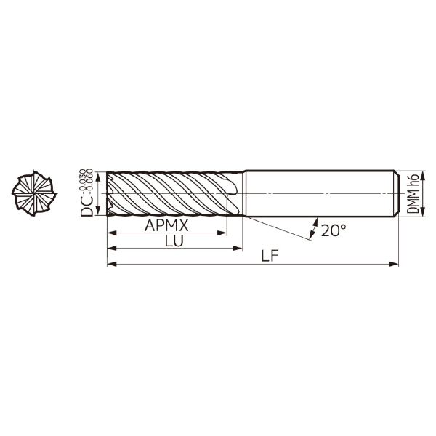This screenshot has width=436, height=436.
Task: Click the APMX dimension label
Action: pyautogui.click(x=166, y=225)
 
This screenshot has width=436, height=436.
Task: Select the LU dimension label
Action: pyautogui.click(x=174, y=241)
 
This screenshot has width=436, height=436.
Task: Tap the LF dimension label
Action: pyautogui.click(x=270, y=256)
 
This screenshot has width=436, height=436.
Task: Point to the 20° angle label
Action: pyautogui.click(x=334, y=230)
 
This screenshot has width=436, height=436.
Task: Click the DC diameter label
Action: pyautogui.click(x=86, y=206)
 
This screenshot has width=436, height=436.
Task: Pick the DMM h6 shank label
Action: pyautogui.click(x=413, y=194)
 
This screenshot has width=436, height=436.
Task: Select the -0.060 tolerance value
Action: pyautogui.click(x=89, y=180)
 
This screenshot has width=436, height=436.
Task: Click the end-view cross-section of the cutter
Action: pyautogui.click(x=34, y=193)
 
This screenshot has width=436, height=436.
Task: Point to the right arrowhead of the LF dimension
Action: pyautogui.click(x=394, y=264)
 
